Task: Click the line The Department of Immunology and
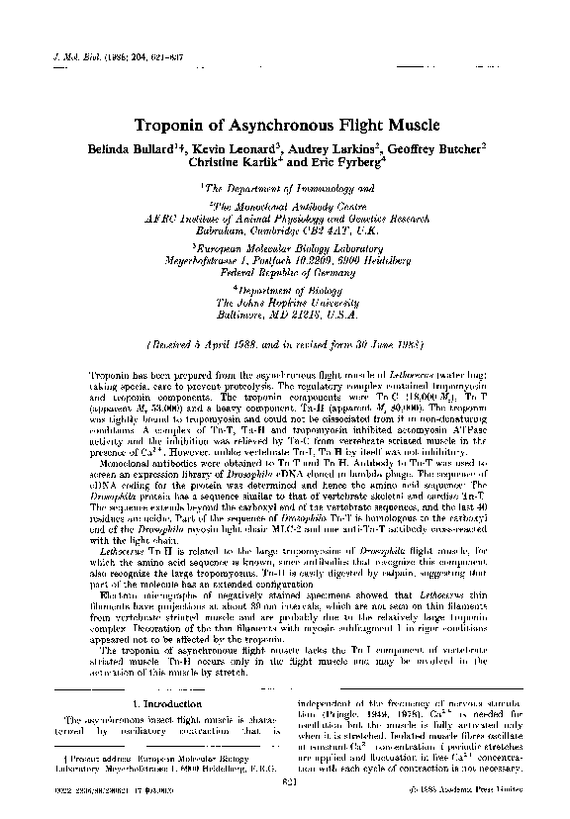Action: [287, 186]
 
